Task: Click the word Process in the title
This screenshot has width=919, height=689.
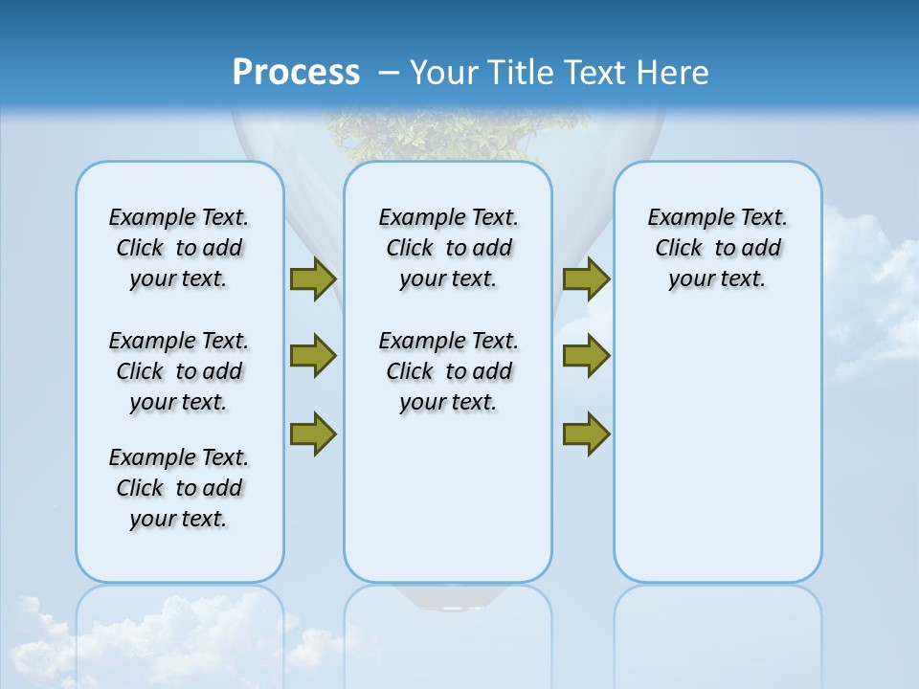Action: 296,73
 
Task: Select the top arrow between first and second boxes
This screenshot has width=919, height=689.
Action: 313,278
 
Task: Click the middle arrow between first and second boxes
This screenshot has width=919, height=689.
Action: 313,356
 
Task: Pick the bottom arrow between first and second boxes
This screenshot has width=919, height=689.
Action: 313,434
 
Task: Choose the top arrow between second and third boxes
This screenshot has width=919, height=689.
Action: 586,278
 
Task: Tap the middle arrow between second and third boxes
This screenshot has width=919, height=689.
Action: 586,356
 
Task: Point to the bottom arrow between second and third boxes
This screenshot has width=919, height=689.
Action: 586,434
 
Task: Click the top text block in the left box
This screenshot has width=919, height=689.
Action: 179,248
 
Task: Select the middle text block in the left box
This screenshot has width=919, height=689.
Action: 179,371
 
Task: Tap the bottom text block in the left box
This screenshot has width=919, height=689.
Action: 179,488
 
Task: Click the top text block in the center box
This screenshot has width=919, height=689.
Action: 449,248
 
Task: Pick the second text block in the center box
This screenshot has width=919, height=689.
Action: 449,371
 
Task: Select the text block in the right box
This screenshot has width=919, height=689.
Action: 718,248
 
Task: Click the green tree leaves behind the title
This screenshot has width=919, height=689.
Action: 450,134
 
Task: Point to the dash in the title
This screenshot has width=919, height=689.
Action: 389,73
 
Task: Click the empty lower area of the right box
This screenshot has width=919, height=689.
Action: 718,459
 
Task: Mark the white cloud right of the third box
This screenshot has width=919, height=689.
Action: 871,287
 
